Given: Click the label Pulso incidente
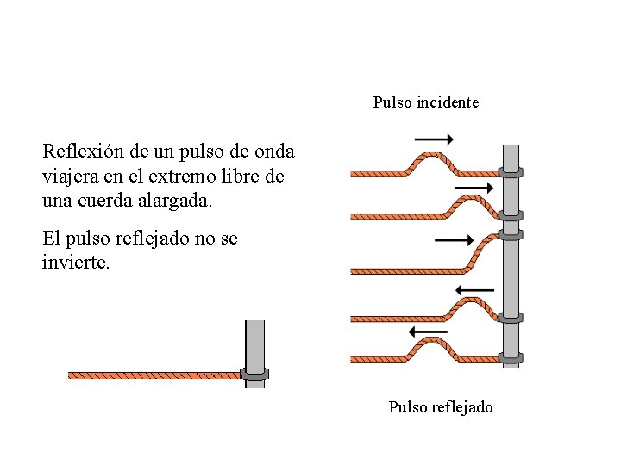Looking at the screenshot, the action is [x=425, y=102].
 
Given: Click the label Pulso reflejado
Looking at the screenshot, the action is [x=440, y=406].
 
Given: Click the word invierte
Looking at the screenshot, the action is [x=76, y=261].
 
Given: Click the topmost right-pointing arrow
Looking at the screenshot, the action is [x=433, y=139].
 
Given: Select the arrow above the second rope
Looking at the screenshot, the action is [x=473, y=187].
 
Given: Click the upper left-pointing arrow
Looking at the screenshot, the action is [x=474, y=289].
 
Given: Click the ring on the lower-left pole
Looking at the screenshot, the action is [x=254, y=375].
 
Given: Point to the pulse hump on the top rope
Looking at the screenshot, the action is [x=429, y=157].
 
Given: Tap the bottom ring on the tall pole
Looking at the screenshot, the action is [x=511, y=356].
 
